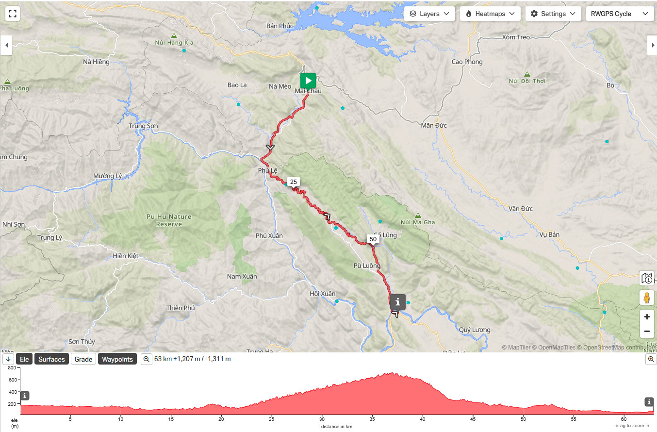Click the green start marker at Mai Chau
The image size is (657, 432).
(x=308, y=81)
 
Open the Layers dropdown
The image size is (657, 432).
(x=429, y=14)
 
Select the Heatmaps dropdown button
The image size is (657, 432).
(x=490, y=14)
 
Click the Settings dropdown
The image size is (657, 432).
(x=553, y=14)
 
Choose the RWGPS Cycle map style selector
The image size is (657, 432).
(x=619, y=14)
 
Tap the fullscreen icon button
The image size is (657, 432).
(x=13, y=14)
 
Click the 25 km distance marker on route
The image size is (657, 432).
(x=293, y=182)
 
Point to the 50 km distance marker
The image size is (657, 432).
(x=373, y=239)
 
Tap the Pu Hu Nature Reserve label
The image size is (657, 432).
(x=169, y=220)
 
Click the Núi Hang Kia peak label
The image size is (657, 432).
(x=174, y=42)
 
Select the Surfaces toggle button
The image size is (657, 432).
(x=51, y=359)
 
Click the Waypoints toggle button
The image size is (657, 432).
(x=117, y=359)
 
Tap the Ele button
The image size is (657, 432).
(x=24, y=359)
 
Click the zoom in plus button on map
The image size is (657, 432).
(x=646, y=317)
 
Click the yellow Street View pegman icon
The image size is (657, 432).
(x=646, y=298)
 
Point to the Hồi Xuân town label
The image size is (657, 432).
(x=322, y=294)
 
